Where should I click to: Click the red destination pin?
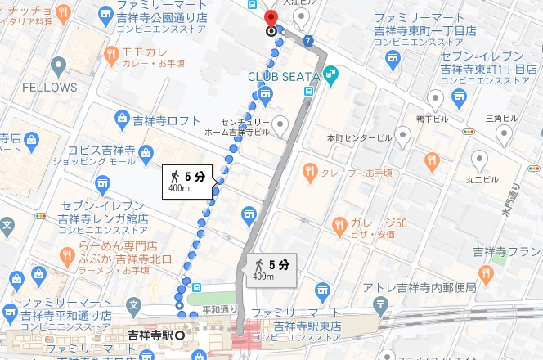click(272, 20)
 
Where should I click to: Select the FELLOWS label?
click(49, 86)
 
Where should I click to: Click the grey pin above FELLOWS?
click(58, 65)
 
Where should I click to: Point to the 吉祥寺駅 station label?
click(149, 336)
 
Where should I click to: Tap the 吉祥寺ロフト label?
click(167, 120)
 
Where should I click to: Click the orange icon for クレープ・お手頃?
click(310, 172)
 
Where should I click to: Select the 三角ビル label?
click(501, 118)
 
